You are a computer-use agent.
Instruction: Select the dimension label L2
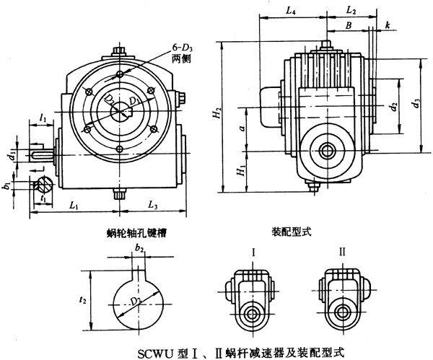(x=351, y=11)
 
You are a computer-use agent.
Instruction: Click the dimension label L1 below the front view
(x=74, y=206)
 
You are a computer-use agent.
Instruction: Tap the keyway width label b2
(x=139, y=249)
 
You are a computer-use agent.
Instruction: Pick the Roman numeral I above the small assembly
(x=254, y=253)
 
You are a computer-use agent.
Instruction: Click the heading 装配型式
(x=290, y=233)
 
